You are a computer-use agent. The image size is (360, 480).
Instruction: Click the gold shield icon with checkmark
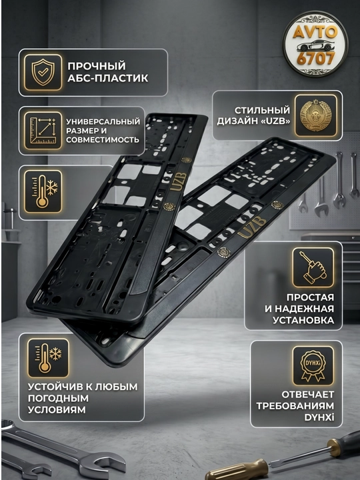[43, 73]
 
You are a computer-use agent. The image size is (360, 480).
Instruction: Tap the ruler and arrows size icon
[43, 131]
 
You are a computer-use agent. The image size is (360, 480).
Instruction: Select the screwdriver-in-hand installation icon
[313, 267]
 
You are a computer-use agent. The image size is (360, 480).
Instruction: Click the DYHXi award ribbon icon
[313, 366]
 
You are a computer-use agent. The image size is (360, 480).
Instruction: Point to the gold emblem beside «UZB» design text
[315, 116]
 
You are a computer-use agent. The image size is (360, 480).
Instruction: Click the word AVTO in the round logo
[315, 31]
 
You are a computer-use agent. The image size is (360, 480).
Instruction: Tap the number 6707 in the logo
[315, 59]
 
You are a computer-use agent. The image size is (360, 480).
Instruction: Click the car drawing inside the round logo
[315, 45]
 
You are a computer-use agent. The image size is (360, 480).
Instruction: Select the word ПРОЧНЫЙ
[97, 66]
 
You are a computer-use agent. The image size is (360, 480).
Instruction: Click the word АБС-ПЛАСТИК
[108, 79]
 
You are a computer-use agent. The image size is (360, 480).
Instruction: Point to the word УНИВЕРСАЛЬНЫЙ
[103, 121]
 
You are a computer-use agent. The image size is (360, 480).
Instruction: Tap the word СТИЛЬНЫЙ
[262, 110]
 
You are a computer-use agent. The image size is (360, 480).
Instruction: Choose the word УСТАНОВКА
[303, 320]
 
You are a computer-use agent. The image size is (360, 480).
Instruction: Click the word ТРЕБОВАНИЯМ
[295, 406]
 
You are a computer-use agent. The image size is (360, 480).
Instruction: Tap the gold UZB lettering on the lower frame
[252, 226]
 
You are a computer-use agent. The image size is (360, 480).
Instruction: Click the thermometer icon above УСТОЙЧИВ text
[49, 357]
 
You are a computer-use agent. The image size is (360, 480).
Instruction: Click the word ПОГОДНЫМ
[58, 398]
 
